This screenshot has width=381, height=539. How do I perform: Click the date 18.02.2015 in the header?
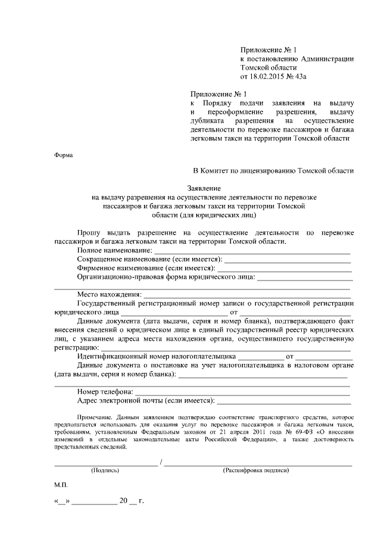click(268, 77)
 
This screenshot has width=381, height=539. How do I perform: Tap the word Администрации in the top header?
click(328, 59)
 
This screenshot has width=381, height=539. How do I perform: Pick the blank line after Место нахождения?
click(246, 294)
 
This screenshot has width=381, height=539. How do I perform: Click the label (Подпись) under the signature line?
click(105, 470)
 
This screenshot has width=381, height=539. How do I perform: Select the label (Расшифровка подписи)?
click(256, 470)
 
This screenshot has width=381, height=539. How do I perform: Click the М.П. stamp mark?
click(61, 485)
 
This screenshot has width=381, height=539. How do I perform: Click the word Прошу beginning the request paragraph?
click(88, 231)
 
